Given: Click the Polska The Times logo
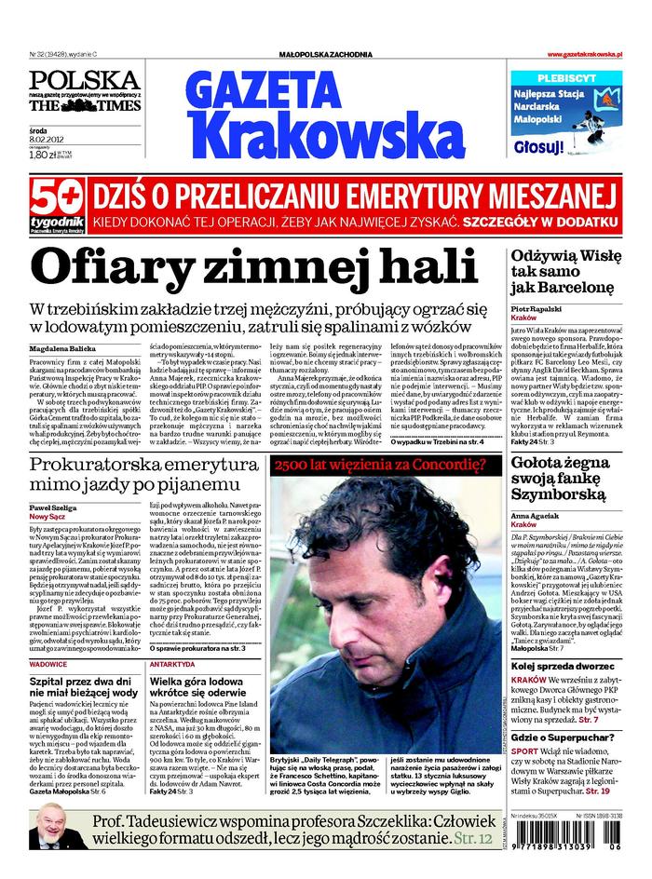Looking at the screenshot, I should point(84,91).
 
